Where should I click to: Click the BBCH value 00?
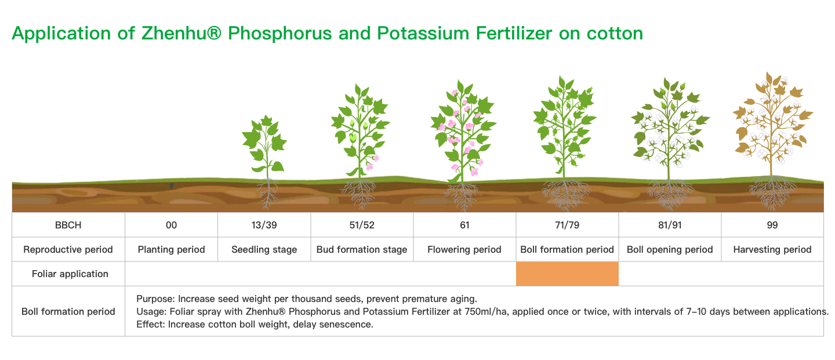coord(172,225)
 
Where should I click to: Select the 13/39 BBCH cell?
coord(264,225)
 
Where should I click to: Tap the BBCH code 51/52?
coord(362,225)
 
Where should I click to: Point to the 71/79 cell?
coord(567,225)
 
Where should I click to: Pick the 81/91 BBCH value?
coord(670,225)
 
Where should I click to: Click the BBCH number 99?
coord(772,225)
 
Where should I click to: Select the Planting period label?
coord(172,249)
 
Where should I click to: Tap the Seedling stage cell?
coord(264,249)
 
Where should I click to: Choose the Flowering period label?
coord(464,249)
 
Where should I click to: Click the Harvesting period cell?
coord(772,249)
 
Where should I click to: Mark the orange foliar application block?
coord(567,274)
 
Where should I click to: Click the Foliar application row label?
coord(70,274)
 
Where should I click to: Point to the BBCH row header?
coord(68,225)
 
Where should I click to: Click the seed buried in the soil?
coord(172,186)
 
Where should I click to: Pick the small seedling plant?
coord(266,160)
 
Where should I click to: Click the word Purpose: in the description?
coord(155,299)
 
